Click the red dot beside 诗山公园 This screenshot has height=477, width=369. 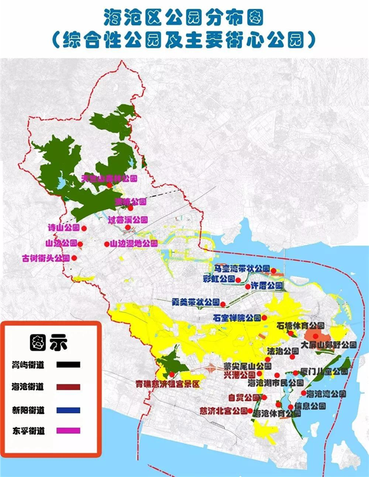click(x=84, y=228)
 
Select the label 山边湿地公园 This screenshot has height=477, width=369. click(x=133, y=243)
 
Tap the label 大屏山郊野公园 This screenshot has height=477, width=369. click(x=328, y=344)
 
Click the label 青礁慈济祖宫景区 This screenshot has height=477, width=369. click(x=168, y=383)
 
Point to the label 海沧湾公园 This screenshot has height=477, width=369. click(x=326, y=393)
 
